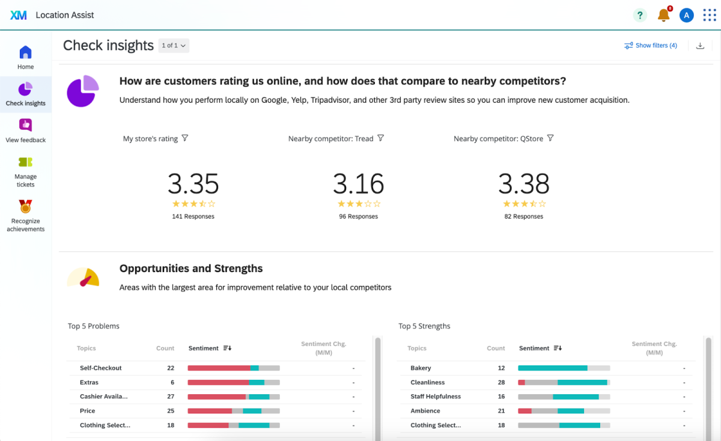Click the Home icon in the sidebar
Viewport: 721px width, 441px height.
(x=25, y=52)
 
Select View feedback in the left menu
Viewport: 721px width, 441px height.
(x=25, y=125)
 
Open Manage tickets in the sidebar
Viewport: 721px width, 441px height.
(x=25, y=162)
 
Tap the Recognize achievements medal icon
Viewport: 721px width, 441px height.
(x=25, y=206)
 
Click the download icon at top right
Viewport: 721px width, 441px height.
(x=700, y=46)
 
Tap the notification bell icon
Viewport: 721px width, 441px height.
(x=663, y=15)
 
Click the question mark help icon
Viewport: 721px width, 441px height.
(x=640, y=15)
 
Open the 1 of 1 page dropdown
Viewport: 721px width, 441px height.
(x=174, y=46)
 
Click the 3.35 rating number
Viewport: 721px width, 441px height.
(x=193, y=183)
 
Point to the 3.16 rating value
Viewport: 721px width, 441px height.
(x=358, y=183)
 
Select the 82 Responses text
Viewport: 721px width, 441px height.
(x=523, y=216)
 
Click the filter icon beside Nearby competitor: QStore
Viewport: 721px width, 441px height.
(x=550, y=138)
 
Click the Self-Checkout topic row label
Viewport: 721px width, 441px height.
(x=101, y=368)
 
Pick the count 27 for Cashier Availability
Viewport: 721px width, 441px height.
(x=171, y=397)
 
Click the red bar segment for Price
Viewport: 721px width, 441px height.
(x=210, y=411)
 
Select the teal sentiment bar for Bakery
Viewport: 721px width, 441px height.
(x=552, y=368)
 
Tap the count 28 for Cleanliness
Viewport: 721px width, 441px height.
(x=501, y=382)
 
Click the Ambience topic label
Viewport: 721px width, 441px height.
(x=425, y=411)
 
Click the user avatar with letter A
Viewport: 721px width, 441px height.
(x=686, y=15)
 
